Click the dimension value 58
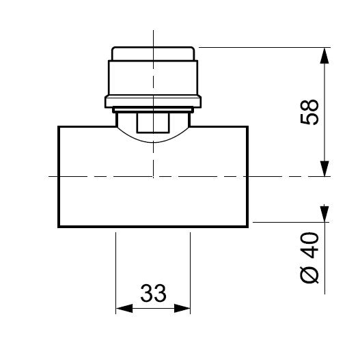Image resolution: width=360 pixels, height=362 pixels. tap(309, 113)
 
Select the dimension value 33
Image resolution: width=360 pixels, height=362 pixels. tap(154, 294)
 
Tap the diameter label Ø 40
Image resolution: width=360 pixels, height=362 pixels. tap(309, 259)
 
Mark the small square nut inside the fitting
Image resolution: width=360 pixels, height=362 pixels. tap(153, 123)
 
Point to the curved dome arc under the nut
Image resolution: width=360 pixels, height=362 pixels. tap(154, 141)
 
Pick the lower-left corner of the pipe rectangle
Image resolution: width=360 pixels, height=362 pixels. tap(59, 226)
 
